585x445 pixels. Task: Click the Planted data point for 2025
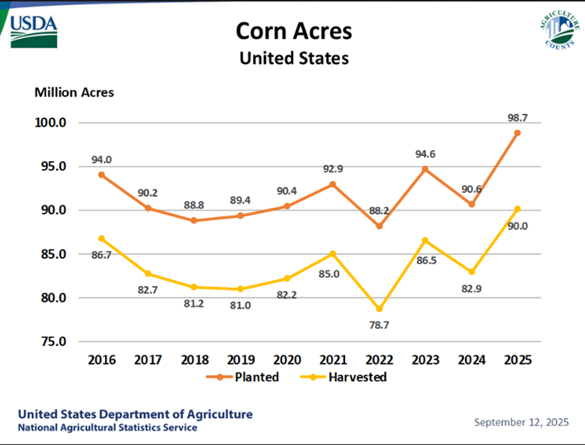(x=517, y=133)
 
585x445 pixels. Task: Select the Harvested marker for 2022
(x=379, y=309)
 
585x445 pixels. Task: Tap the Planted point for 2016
(x=102, y=175)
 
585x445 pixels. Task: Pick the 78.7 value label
(x=379, y=324)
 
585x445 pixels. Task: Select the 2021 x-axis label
(x=332, y=359)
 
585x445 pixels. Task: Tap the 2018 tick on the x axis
(x=194, y=359)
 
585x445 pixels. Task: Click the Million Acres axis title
(x=74, y=93)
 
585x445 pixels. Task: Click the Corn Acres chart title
(x=293, y=31)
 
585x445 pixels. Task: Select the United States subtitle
(x=293, y=58)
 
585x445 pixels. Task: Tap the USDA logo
(x=34, y=28)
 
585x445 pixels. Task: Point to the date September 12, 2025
(x=520, y=422)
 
